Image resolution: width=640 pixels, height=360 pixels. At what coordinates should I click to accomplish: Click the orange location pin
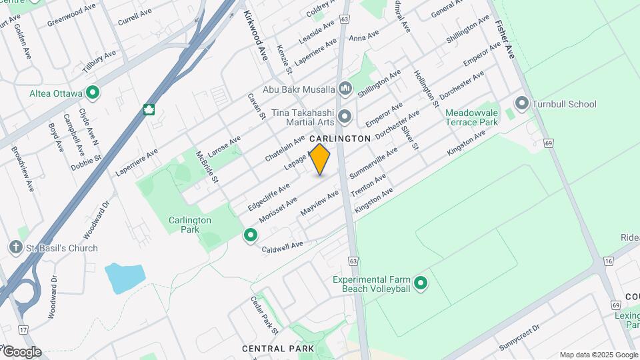(320, 159)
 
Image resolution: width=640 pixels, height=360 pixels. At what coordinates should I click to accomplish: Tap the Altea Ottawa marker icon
(93, 93)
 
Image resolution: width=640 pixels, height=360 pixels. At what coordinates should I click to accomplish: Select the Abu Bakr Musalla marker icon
(345, 88)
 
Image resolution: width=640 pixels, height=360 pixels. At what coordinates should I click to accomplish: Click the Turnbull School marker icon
(521, 104)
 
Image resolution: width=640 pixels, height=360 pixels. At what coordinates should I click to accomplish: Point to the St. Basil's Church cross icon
(16, 248)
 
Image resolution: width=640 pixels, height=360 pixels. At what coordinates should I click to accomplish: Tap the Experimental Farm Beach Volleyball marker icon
(420, 284)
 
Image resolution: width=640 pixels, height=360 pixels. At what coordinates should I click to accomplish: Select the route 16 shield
(608, 261)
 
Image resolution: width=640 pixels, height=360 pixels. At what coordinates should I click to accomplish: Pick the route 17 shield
(24, 329)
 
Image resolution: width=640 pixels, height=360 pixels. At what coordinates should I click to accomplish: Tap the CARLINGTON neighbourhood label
(339, 139)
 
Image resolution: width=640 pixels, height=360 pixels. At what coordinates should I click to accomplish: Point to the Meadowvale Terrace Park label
(471, 118)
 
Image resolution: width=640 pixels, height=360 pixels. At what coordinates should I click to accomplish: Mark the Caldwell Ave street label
(282, 247)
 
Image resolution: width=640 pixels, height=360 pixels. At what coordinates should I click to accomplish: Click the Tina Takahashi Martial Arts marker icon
(345, 117)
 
